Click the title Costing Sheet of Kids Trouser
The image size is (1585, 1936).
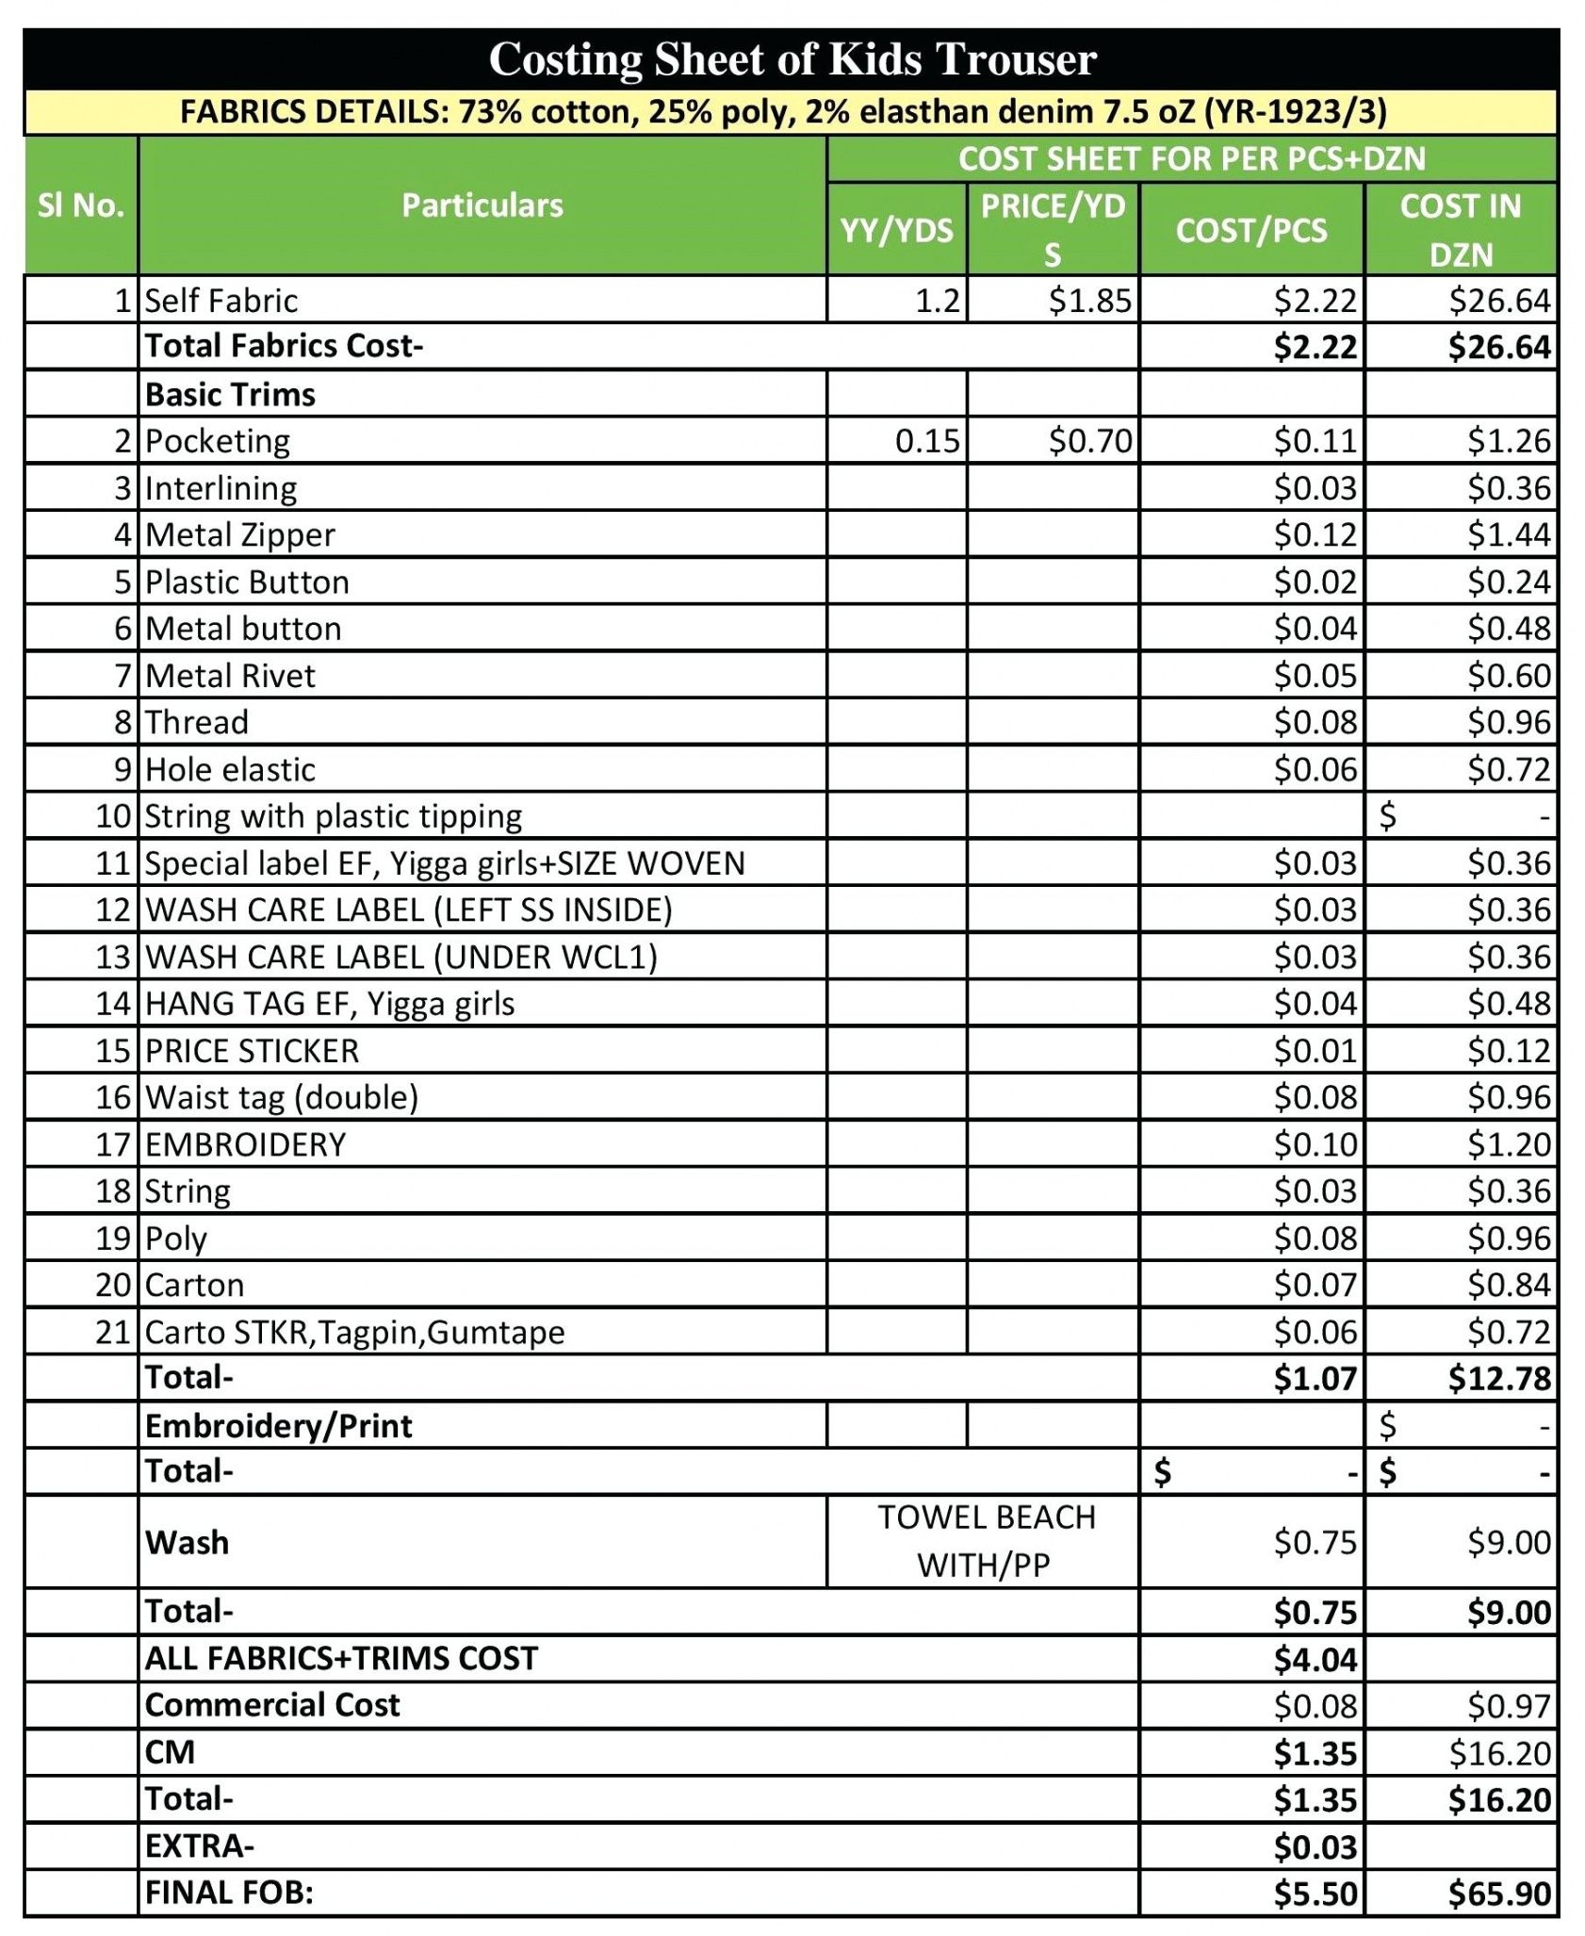click(x=792, y=59)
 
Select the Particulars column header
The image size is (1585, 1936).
click(x=482, y=205)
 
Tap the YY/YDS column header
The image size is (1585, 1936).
click(x=896, y=230)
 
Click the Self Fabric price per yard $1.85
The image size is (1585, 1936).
click(x=1089, y=301)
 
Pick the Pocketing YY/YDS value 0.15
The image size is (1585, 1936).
click(x=927, y=441)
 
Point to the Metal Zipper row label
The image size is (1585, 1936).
click(x=240, y=535)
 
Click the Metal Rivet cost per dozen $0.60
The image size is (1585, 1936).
click(x=1508, y=676)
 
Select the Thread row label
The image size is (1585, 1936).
click(x=197, y=723)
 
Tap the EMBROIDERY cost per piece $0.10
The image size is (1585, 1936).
click(x=1315, y=1144)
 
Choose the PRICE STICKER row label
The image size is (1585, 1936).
click(x=252, y=1051)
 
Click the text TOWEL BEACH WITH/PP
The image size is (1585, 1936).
click(x=985, y=1541)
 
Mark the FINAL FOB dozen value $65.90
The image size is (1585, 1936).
click(x=1498, y=1894)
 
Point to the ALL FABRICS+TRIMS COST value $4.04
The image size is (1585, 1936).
click(x=1315, y=1659)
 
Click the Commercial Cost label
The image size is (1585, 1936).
click(x=272, y=1705)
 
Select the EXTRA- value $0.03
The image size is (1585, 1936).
click(x=1315, y=1846)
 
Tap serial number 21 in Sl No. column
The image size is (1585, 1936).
click(x=112, y=1332)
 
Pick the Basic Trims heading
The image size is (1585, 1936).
click(x=230, y=394)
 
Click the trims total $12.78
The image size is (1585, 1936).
click(x=1498, y=1379)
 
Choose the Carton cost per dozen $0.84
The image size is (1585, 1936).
click(x=1508, y=1285)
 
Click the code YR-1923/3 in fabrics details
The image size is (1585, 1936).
click(x=1295, y=112)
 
